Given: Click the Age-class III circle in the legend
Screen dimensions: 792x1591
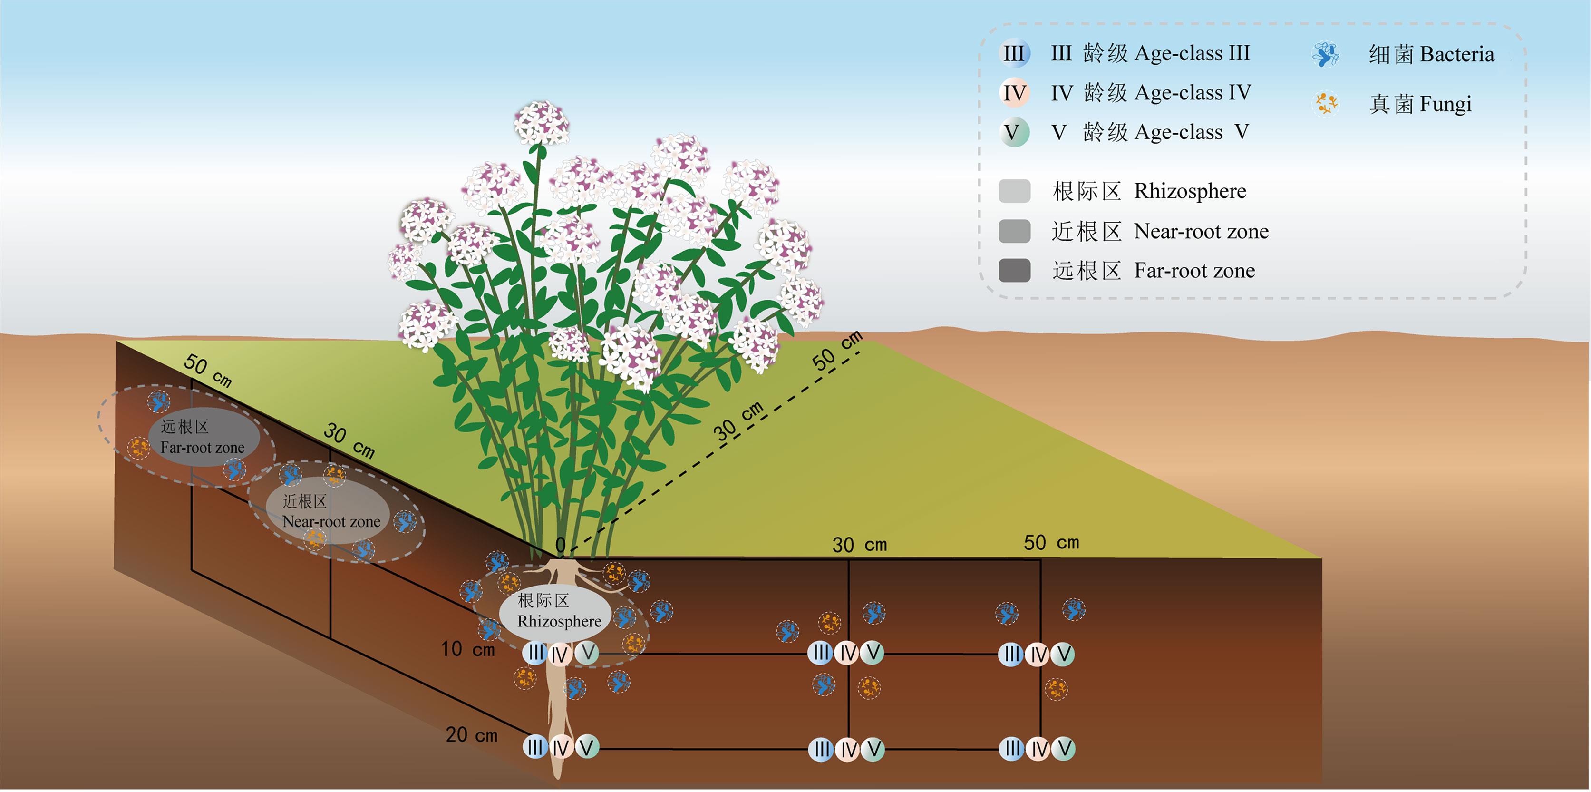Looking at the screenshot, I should [1014, 54].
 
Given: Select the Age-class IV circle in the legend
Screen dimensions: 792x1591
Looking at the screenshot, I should [1014, 93].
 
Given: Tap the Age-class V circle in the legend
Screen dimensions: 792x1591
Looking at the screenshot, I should [1014, 132].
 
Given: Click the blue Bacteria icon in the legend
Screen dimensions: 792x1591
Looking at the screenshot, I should [1325, 54].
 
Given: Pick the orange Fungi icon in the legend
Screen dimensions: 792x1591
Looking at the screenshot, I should [1325, 104].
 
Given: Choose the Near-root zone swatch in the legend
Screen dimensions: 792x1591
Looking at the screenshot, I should [1014, 232].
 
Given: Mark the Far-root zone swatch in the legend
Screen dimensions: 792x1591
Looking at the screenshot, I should [1014, 271].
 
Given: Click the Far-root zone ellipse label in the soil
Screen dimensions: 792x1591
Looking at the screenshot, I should [203, 437].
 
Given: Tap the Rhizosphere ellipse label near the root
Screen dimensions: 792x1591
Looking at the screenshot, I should [556, 611].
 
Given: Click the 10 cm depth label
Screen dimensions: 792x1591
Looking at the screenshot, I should [467, 649].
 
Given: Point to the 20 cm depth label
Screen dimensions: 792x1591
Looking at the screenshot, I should [471, 735].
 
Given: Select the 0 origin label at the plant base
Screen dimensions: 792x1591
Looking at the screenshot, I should [560, 545].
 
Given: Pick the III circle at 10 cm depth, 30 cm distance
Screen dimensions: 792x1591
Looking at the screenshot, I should [821, 652].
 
